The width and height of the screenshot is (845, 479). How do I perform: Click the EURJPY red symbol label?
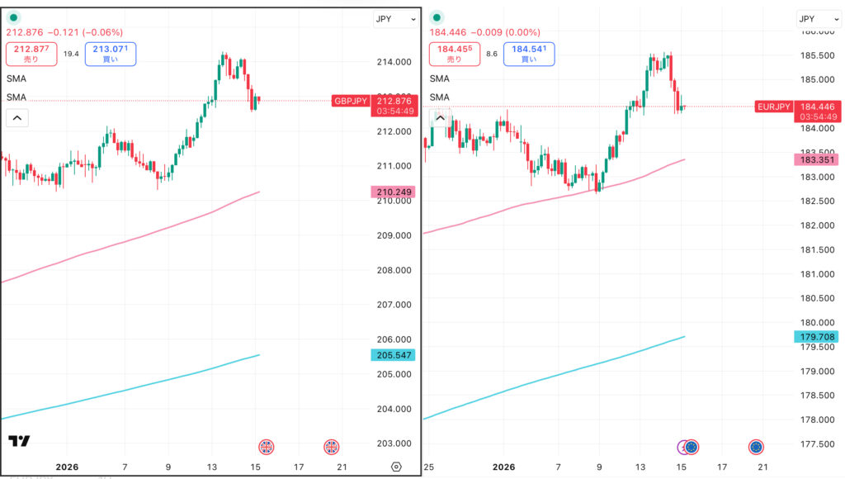tap(773, 107)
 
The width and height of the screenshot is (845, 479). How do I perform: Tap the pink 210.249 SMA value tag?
tap(394, 192)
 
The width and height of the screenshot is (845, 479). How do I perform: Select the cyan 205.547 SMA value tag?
tap(394, 355)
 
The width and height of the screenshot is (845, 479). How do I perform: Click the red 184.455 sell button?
tap(454, 55)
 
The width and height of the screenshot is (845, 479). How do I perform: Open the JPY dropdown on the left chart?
tap(394, 19)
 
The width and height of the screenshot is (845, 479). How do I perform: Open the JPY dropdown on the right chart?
tap(817, 19)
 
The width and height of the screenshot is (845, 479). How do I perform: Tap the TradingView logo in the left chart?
tap(19, 441)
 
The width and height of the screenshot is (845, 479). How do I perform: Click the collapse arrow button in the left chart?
tap(17, 118)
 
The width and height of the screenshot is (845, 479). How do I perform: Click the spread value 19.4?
tap(71, 54)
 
